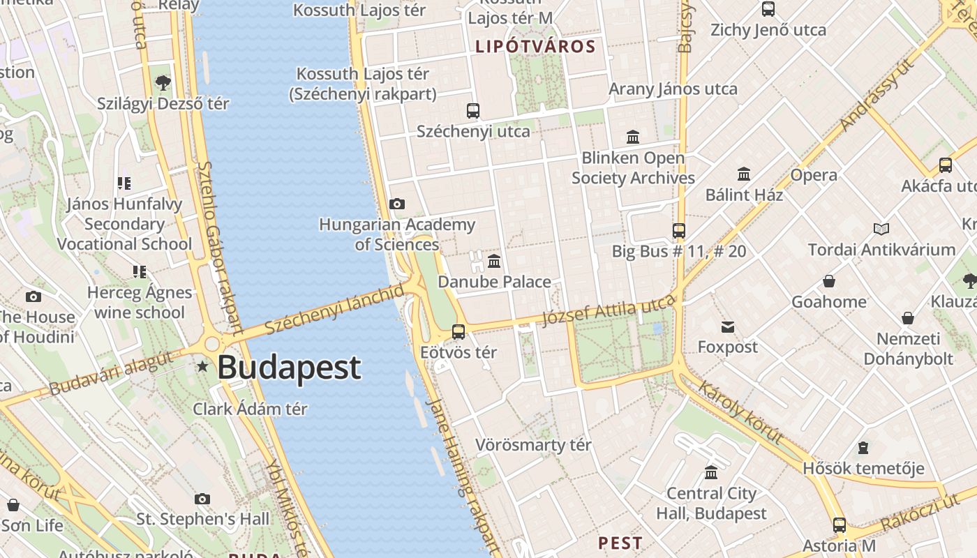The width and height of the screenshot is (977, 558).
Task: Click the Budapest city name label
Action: (x=290, y=368)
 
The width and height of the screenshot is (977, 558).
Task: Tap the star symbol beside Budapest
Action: (x=202, y=366)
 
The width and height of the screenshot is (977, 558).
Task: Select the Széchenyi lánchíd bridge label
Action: (x=335, y=308)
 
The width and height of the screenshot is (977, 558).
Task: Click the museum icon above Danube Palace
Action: (x=494, y=262)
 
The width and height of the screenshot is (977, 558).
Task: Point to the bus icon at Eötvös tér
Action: (x=458, y=332)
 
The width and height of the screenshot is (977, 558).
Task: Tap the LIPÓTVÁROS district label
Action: (x=535, y=47)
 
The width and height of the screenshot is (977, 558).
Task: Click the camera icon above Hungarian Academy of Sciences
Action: (x=397, y=204)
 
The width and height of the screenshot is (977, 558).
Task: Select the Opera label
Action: (x=814, y=175)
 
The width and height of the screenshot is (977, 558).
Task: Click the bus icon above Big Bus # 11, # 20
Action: (x=679, y=231)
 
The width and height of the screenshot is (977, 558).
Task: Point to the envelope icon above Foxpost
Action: (x=728, y=326)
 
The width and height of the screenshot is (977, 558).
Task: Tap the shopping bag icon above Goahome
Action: (x=829, y=281)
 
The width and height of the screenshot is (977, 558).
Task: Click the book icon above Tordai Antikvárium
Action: (x=881, y=229)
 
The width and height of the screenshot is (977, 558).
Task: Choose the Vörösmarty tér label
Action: (x=533, y=445)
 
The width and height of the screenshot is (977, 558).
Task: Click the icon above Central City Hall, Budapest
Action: (x=711, y=473)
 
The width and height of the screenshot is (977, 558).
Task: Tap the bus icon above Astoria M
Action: (x=840, y=525)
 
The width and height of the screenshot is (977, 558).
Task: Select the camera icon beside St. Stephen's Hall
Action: (x=202, y=499)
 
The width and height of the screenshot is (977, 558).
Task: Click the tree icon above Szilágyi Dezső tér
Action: (x=163, y=83)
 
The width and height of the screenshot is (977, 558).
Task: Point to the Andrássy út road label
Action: (x=878, y=96)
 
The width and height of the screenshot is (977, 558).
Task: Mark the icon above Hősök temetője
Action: (x=863, y=447)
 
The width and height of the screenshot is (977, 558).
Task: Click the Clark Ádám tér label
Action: (x=250, y=409)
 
